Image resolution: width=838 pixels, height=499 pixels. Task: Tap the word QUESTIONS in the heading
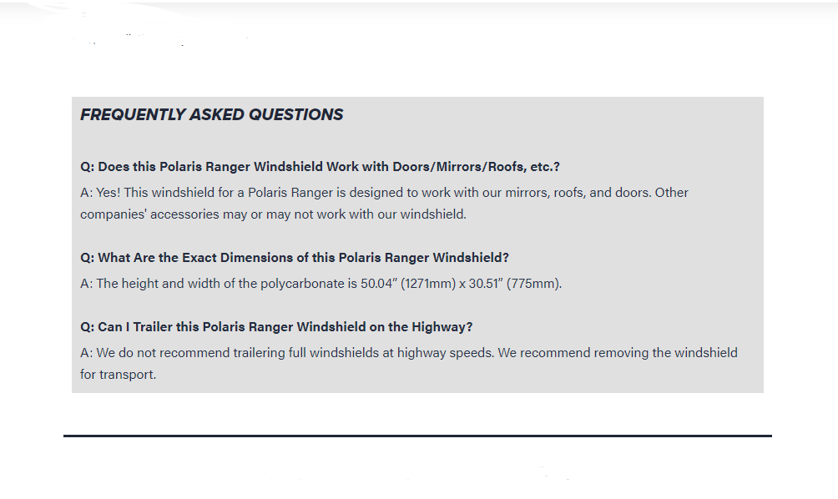pyautogui.click(x=295, y=114)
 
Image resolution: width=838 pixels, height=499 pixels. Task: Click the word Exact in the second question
pyautogui.click(x=199, y=258)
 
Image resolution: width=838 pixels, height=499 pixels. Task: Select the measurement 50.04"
pyautogui.click(x=379, y=283)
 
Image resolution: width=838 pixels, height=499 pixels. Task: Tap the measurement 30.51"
pyautogui.click(x=486, y=283)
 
